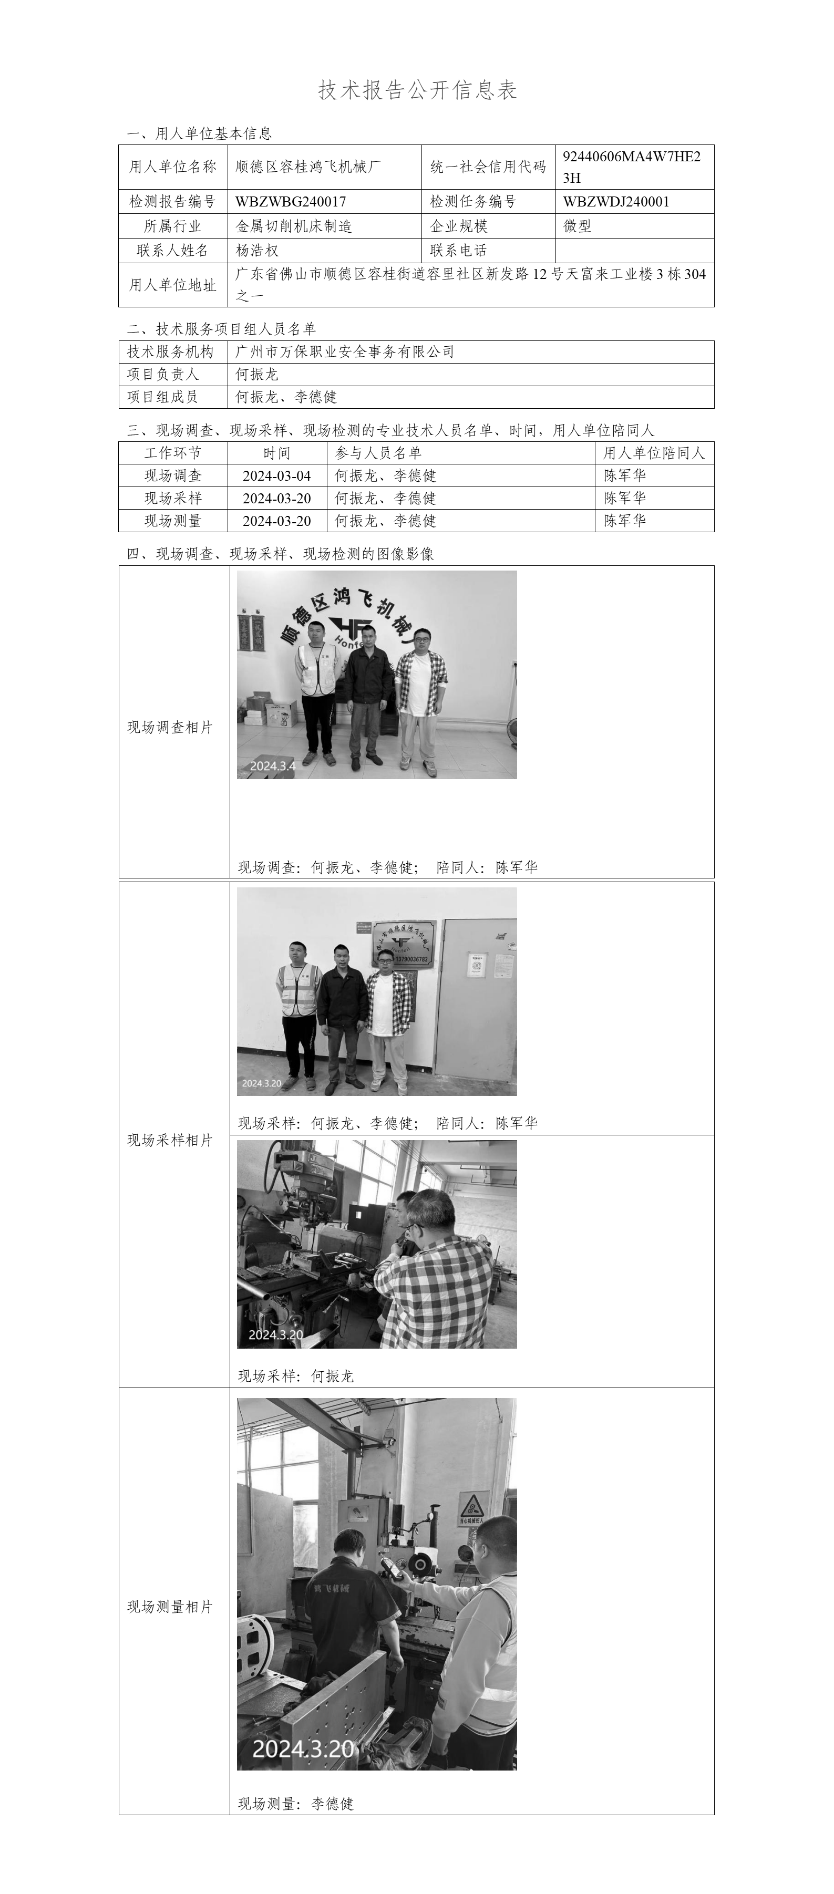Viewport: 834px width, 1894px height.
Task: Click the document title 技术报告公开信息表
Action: pos(417,90)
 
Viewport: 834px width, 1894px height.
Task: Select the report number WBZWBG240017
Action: pos(291,201)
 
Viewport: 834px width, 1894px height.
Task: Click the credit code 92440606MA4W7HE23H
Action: pos(631,167)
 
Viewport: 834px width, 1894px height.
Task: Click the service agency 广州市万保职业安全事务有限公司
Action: pos(344,351)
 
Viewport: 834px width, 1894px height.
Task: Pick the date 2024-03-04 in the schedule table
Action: pos(276,475)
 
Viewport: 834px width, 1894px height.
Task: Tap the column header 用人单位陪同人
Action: pos(654,453)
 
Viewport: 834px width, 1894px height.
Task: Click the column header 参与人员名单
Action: pos(378,453)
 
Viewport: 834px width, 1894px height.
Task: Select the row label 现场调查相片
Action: pos(170,727)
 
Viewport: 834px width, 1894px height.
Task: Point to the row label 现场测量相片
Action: pos(170,1607)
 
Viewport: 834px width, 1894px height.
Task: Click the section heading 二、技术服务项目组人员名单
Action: pos(221,329)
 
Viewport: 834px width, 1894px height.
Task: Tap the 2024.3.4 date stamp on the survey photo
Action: pos(272,765)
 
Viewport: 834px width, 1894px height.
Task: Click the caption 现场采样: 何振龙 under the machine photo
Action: pos(296,1375)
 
